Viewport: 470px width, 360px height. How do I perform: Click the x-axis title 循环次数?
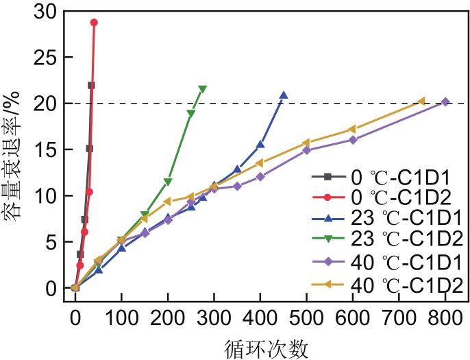pos(267,348)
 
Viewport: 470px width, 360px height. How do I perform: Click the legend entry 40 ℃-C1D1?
pos(387,262)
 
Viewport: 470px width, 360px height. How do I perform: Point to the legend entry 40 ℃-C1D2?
pos(387,284)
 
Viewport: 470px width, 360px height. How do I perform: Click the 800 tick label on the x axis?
pos(445,317)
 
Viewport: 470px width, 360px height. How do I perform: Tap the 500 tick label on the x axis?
pos(306,317)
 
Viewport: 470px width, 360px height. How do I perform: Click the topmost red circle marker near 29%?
pos(94,23)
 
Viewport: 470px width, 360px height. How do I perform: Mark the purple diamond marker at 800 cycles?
pos(445,101)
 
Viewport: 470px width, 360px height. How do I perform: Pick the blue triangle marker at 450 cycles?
pos(284,95)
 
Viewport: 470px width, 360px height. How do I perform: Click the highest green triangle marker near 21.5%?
pos(202,89)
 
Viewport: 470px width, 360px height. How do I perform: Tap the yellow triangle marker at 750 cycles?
pos(422,101)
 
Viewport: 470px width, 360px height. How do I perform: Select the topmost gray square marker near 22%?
pos(91,85)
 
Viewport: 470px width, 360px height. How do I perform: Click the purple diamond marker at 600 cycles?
pos(353,140)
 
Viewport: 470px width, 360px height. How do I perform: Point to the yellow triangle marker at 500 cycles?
pos(306,143)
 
